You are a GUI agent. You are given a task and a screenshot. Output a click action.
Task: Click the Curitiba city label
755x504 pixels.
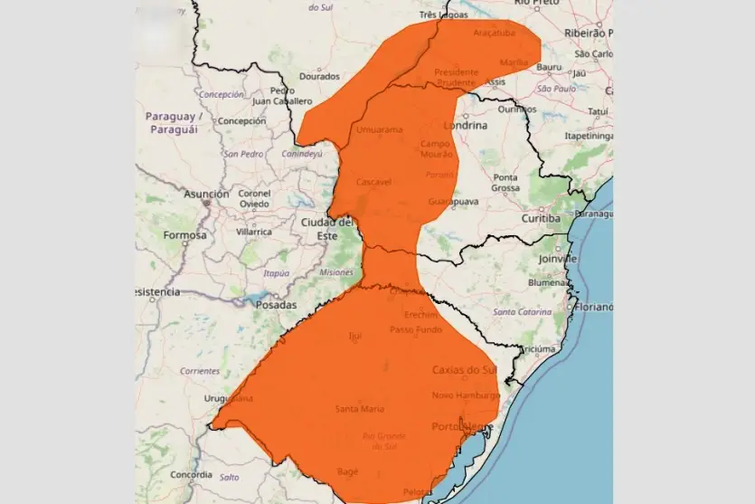541,219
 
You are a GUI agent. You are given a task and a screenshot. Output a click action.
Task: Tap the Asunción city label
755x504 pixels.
207,194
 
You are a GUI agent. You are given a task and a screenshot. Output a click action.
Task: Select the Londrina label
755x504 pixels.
466,126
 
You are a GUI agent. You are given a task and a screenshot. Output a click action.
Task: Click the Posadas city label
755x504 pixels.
276,305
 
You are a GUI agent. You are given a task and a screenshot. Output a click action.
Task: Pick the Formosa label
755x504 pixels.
184,235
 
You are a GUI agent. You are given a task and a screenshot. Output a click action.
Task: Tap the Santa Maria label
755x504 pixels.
359,409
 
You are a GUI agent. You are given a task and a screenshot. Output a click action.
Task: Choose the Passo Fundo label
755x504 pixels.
415,329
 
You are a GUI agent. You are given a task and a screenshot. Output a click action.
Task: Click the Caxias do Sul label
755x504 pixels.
464,370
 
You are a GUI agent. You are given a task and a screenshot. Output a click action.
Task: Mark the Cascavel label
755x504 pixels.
373,182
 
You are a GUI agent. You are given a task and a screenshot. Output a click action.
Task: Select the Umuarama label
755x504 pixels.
379,130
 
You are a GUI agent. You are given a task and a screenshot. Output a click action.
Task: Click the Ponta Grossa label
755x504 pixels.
505,182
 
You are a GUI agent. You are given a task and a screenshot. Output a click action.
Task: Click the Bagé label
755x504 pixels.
347,471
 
